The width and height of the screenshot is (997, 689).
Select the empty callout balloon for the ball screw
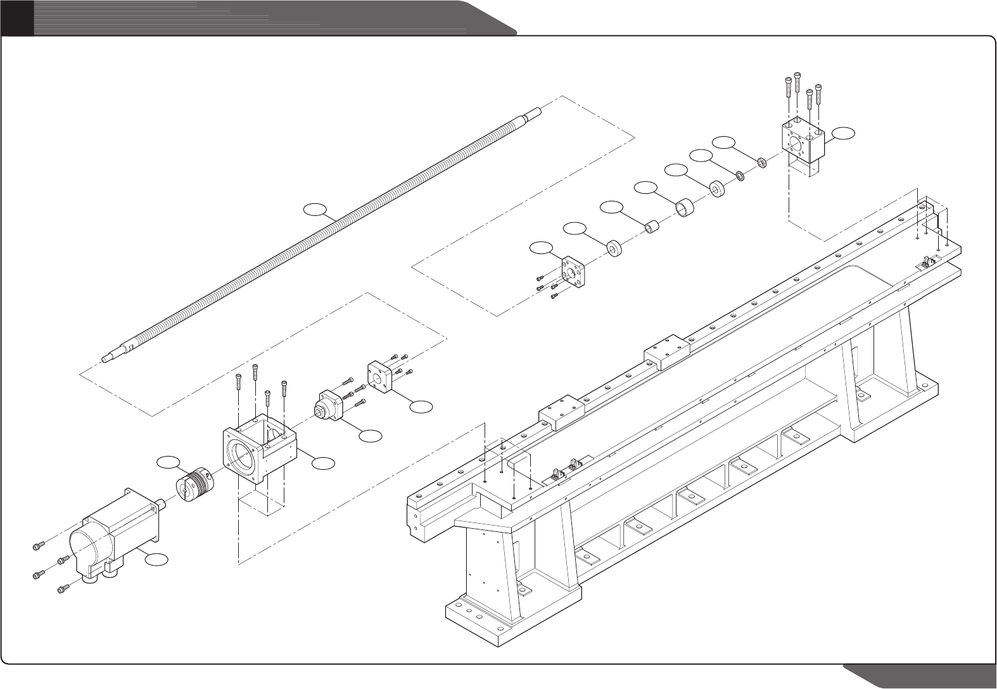pyautogui.click(x=314, y=208)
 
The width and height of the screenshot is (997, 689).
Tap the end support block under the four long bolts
pyautogui.click(x=802, y=141)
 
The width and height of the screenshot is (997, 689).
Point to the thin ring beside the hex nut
pyautogui.click(x=740, y=175)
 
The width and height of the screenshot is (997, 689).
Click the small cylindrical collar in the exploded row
pyautogui.click(x=651, y=226)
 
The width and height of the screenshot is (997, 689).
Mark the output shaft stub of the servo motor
pyautogui.click(x=162, y=505)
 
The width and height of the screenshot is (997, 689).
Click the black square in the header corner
pyautogui.click(x=16, y=17)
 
